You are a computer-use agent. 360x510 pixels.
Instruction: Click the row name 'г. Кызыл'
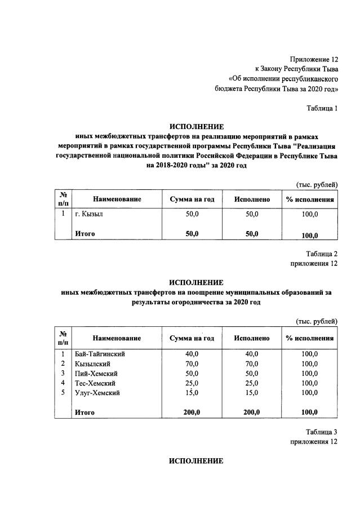pos(88,215)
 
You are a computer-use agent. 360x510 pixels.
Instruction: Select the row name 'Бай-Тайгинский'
pos(100,354)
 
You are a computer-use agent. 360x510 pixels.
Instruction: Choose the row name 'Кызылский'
pos(91,363)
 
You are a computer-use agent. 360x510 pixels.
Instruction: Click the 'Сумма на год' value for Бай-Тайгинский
pos(192,354)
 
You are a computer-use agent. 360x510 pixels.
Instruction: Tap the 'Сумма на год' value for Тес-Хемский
pos(192,383)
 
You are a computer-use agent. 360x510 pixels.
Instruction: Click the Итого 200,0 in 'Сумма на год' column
pos(192,413)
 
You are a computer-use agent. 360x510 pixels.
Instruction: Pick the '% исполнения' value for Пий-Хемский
pos(309,373)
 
